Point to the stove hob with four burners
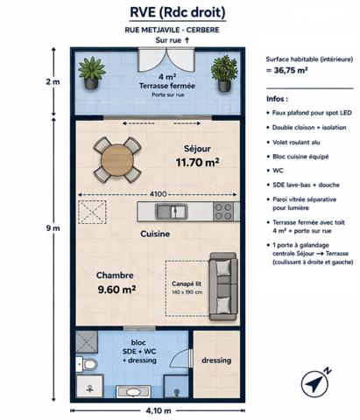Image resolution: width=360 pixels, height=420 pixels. [223, 211]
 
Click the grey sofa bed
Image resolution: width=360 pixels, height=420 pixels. [222, 278]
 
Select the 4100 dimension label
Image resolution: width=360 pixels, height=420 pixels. [158, 194]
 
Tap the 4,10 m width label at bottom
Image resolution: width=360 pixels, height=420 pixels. [157, 409]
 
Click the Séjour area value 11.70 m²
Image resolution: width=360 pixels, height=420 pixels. [197, 162]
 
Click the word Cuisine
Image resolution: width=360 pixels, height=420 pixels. [155, 234]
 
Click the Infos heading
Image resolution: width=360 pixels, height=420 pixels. [277, 99]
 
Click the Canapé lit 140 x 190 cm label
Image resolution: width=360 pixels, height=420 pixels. [185, 286]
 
